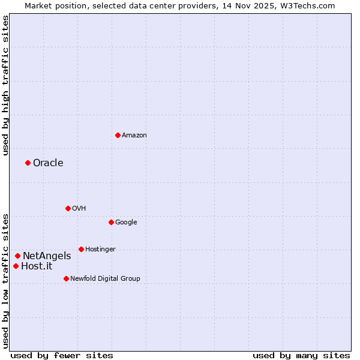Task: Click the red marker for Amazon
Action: point(118,135)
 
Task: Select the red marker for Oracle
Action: point(28,163)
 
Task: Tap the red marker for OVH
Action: point(68,208)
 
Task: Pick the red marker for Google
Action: point(111,222)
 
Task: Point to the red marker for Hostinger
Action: point(81,249)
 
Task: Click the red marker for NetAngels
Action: point(17,256)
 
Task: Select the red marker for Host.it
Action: point(16,266)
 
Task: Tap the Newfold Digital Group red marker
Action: point(66,278)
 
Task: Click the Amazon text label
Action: point(134,136)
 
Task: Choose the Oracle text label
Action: point(48,163)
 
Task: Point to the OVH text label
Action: point(79,209)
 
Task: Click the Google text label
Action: point(126,223)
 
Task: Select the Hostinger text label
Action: point(100,250)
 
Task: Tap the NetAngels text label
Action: point(47,256)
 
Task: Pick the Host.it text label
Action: point(37,266)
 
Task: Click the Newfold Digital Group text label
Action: point(105,279)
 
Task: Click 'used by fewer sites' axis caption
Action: point(62,355)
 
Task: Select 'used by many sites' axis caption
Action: point(301,355)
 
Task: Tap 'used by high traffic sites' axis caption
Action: point(5,85)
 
